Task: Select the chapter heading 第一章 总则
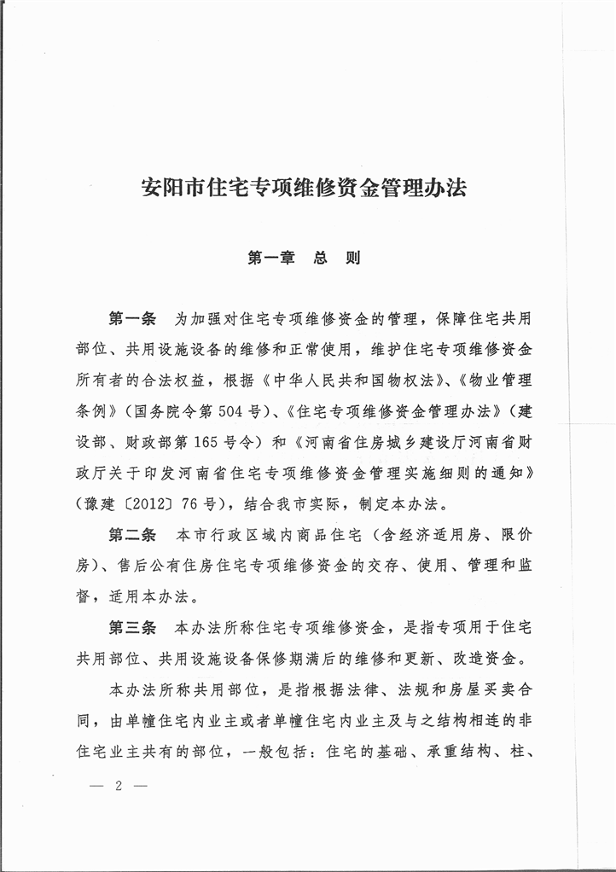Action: coord(305,258)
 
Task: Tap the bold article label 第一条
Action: coord(132,320)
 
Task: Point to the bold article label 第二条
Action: coord(132,537)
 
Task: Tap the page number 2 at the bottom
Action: coord(119,787)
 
